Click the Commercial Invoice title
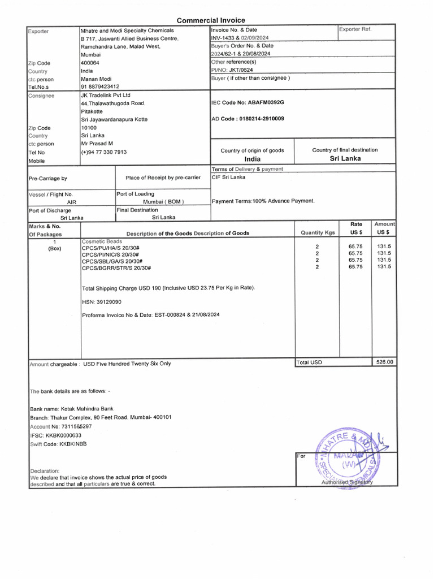click(x=211, y=20)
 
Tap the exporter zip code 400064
click(x=90, y=63)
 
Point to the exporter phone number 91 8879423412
click(x=100, y=87)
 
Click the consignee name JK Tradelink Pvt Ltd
click(x=106, y=96)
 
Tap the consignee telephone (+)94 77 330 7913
click(x=103, y=152)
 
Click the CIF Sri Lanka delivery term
click(x=228, y=177)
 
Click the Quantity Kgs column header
click(x=318, y=232)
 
